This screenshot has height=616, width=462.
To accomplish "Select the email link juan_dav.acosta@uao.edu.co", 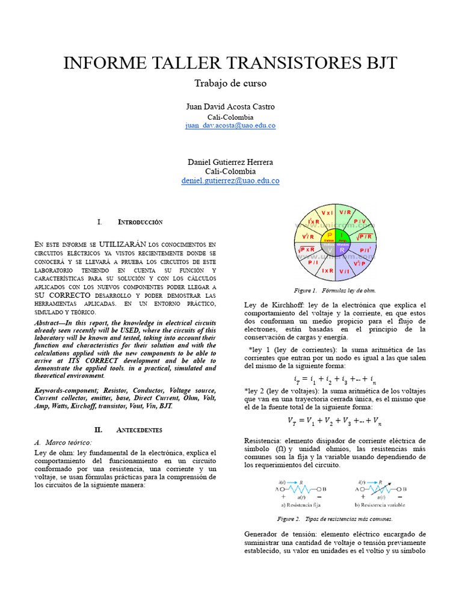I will coord(230,126).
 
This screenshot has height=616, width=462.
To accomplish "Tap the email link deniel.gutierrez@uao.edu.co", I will coord(230,180).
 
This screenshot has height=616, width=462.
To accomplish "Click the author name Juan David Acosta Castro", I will coord(230,106).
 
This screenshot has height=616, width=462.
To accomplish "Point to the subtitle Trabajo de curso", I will coord(230,83).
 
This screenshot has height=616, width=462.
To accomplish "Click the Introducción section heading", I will coord(140,223).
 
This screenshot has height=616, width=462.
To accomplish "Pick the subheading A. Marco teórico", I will coord(63,442).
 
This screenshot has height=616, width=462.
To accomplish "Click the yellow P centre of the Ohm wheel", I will coord(330,235).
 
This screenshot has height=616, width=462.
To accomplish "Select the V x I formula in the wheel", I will coord(328,213).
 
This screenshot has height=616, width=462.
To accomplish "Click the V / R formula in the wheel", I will coord(345,213).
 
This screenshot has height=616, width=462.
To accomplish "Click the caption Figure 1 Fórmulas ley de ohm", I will coord(335,290).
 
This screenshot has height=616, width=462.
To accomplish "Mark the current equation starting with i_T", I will coord(335,380).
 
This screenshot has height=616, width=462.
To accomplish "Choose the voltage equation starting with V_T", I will coord(335,421).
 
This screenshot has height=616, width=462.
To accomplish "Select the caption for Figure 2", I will coord(335,519).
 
